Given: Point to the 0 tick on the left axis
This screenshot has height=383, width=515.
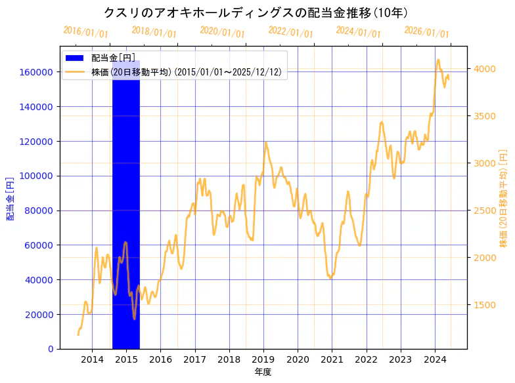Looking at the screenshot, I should tap(51, 349).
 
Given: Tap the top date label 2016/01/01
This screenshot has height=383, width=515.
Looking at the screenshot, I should tap(85, 31).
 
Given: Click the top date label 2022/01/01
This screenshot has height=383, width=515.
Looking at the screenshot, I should tap(290, 31).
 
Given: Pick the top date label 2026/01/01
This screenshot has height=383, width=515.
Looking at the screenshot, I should tap(426, 31).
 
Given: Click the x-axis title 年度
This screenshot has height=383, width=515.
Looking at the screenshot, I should tap(263, 372).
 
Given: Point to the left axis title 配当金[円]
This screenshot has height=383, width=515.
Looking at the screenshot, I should tap(10, 198).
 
